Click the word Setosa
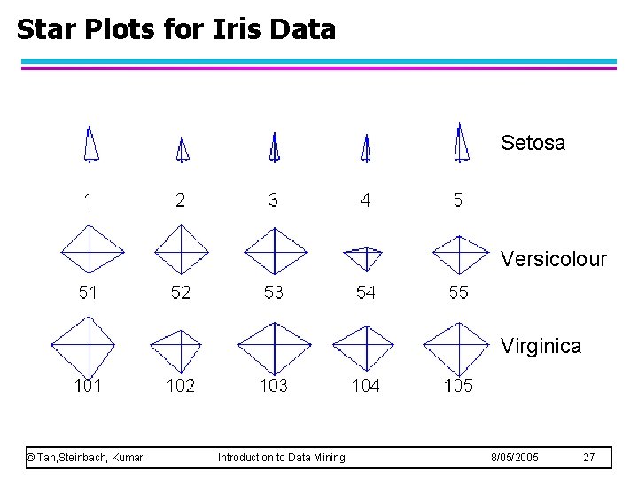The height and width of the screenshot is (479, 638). click(533, 143)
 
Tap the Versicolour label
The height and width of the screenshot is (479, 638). click(553, 259)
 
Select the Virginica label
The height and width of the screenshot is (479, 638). click(541, 346)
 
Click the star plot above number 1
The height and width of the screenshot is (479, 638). click(89, 144)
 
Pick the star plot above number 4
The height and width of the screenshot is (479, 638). click(365, 149)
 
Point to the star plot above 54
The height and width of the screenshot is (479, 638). click(362, 257)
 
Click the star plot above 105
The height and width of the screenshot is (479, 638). click(457, 348)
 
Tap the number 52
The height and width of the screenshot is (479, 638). click(180, 293)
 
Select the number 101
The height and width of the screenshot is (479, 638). click(88, 385)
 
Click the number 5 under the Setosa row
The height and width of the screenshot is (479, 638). click(457, 200)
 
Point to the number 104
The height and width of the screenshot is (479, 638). click(365, 385)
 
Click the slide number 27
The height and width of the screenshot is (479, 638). click(589, 458)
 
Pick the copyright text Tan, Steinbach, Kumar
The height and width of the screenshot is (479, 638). click(85, 458)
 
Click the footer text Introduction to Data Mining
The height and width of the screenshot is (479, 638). click(282, 458)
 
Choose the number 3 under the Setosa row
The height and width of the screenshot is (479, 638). click(273, 200)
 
